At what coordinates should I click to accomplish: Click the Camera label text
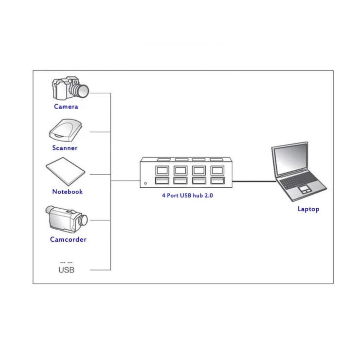66,107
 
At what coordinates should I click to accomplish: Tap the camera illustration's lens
81,90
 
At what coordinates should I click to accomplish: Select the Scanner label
65,148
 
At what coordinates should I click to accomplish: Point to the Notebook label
67,192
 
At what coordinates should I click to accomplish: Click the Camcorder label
68,239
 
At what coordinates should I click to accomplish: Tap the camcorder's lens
83,220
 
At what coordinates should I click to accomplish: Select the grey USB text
66,270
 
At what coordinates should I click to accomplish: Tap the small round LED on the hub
146,183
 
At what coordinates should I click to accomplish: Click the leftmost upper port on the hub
161,170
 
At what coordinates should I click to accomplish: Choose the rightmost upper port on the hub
216,170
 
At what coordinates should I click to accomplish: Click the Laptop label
308,209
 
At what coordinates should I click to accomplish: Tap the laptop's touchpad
304,188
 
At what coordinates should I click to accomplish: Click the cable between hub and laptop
253,181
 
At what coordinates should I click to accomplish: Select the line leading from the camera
100,92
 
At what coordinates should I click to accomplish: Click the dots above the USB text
66,262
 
